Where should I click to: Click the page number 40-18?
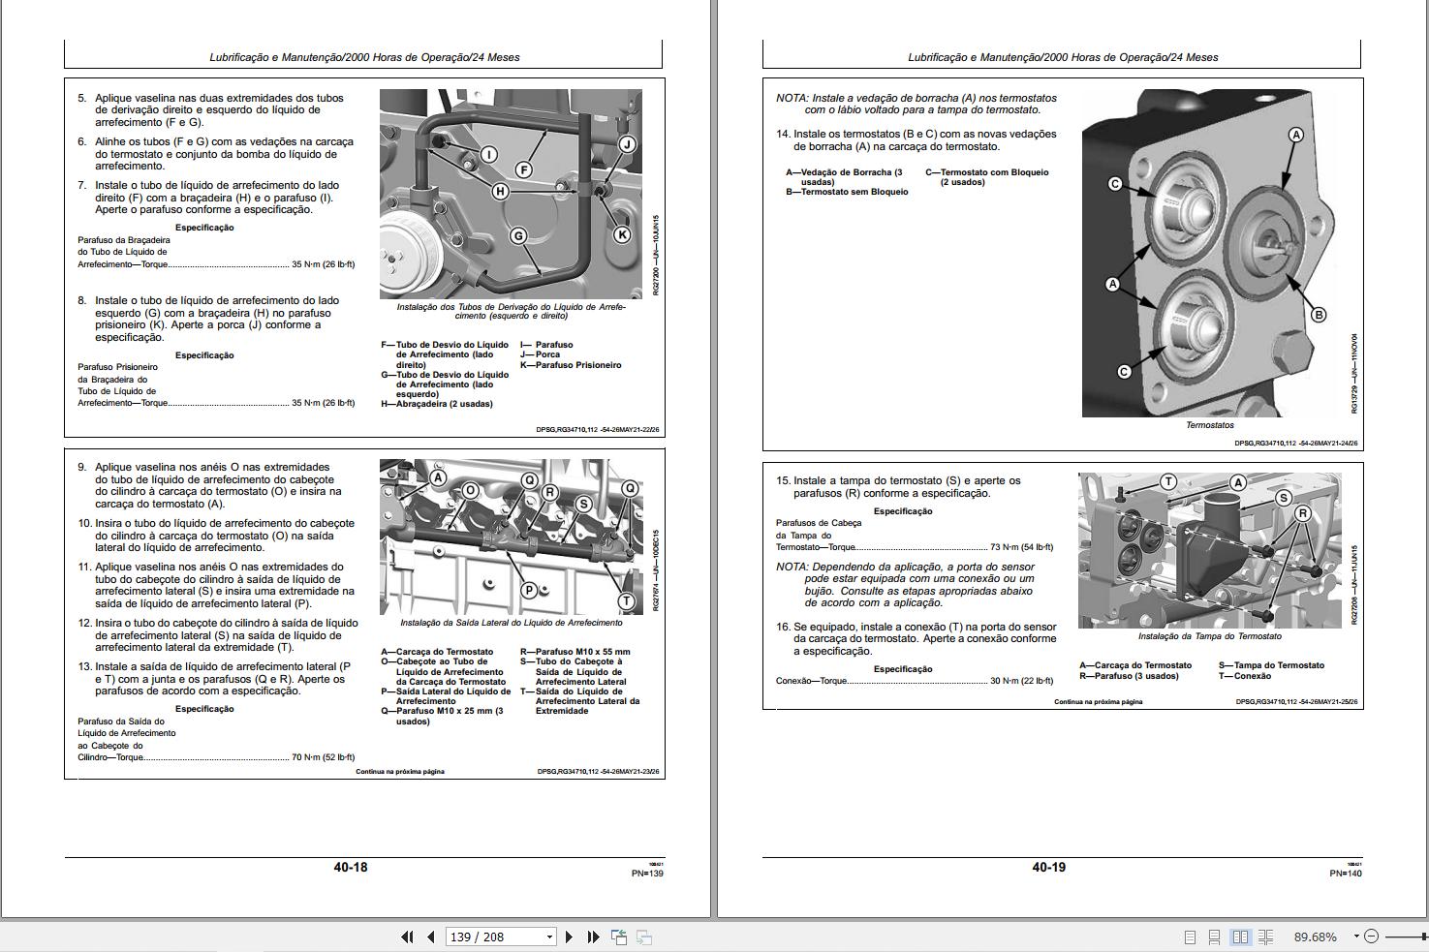(351, 867)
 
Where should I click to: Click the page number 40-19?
(1048, 867)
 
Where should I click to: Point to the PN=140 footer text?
(1345, 874)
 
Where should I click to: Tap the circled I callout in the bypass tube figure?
(489, 155)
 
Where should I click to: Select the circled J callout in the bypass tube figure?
(627, 144)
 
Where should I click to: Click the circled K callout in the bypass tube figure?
(622, 234)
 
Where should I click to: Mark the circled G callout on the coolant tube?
(518, 235)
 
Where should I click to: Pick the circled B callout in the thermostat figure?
(1318, 314)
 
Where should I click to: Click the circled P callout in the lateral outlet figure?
(529, 590)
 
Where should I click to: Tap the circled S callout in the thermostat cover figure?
(1284, 498)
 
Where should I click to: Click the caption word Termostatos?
(1209, 425)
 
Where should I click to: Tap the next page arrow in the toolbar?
(569, 937)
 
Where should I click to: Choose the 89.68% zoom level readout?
(1315, 937)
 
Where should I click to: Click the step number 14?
(783, 135)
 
